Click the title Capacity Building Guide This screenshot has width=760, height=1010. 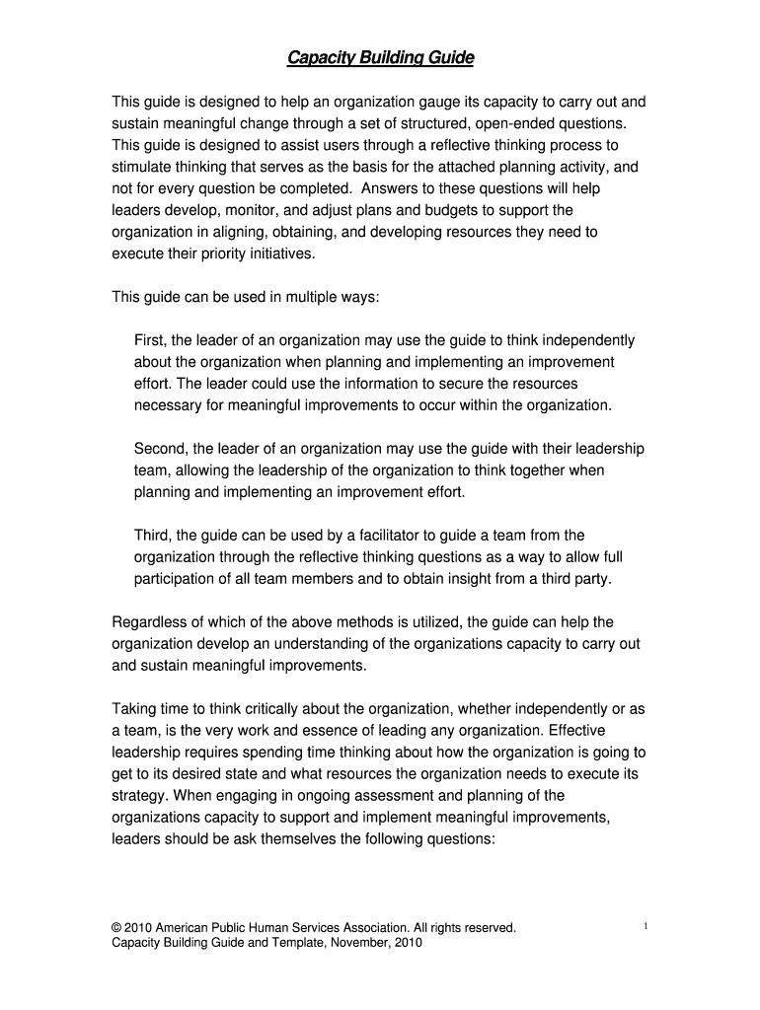pos(380,59)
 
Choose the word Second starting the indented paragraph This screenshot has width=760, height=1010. pos(160,449)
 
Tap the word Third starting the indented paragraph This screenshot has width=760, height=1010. pos(153,536)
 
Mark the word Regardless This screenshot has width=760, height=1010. pos(149,622)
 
